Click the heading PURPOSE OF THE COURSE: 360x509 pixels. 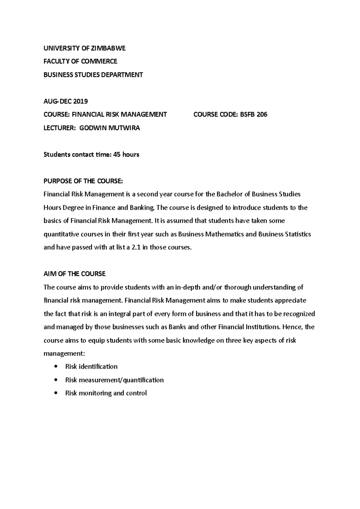click(83, 181)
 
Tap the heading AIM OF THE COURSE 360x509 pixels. click(75, 274)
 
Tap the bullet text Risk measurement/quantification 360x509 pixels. click(114, 380)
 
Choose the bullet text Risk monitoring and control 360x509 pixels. click(106, 393)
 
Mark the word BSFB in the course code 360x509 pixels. click(247, 115)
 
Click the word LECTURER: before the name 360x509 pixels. click(60, 128)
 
